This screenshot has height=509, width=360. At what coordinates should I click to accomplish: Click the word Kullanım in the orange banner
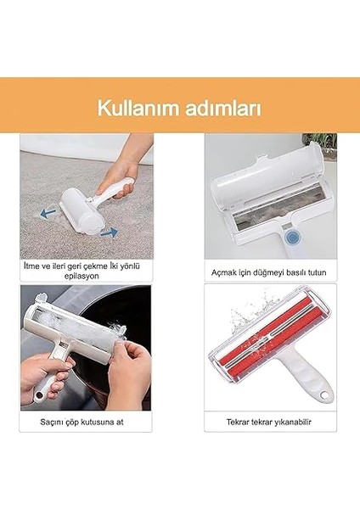(138, 109)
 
